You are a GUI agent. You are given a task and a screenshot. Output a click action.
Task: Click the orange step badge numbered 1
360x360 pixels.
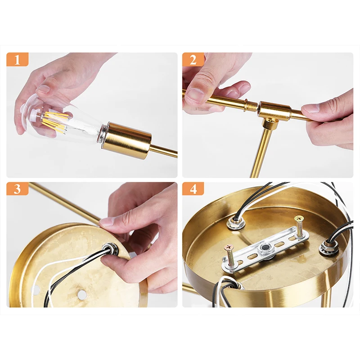18,59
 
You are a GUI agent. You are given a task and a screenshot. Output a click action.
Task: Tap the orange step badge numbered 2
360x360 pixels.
193,59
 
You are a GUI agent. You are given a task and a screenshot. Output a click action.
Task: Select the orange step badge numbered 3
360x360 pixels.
18,189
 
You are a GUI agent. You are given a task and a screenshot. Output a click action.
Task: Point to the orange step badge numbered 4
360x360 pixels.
193,189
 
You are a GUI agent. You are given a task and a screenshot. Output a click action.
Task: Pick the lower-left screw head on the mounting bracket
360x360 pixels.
229,248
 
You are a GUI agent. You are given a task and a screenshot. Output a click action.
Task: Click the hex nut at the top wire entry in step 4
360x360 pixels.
234,222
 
